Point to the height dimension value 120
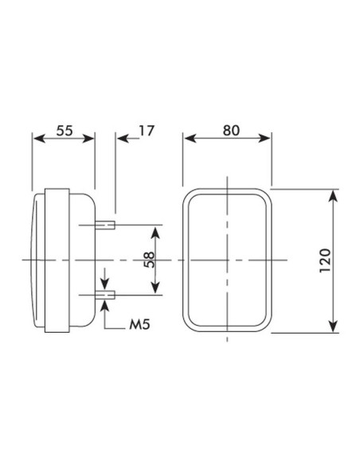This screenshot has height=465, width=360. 324,261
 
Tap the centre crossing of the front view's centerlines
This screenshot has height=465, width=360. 228,261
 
